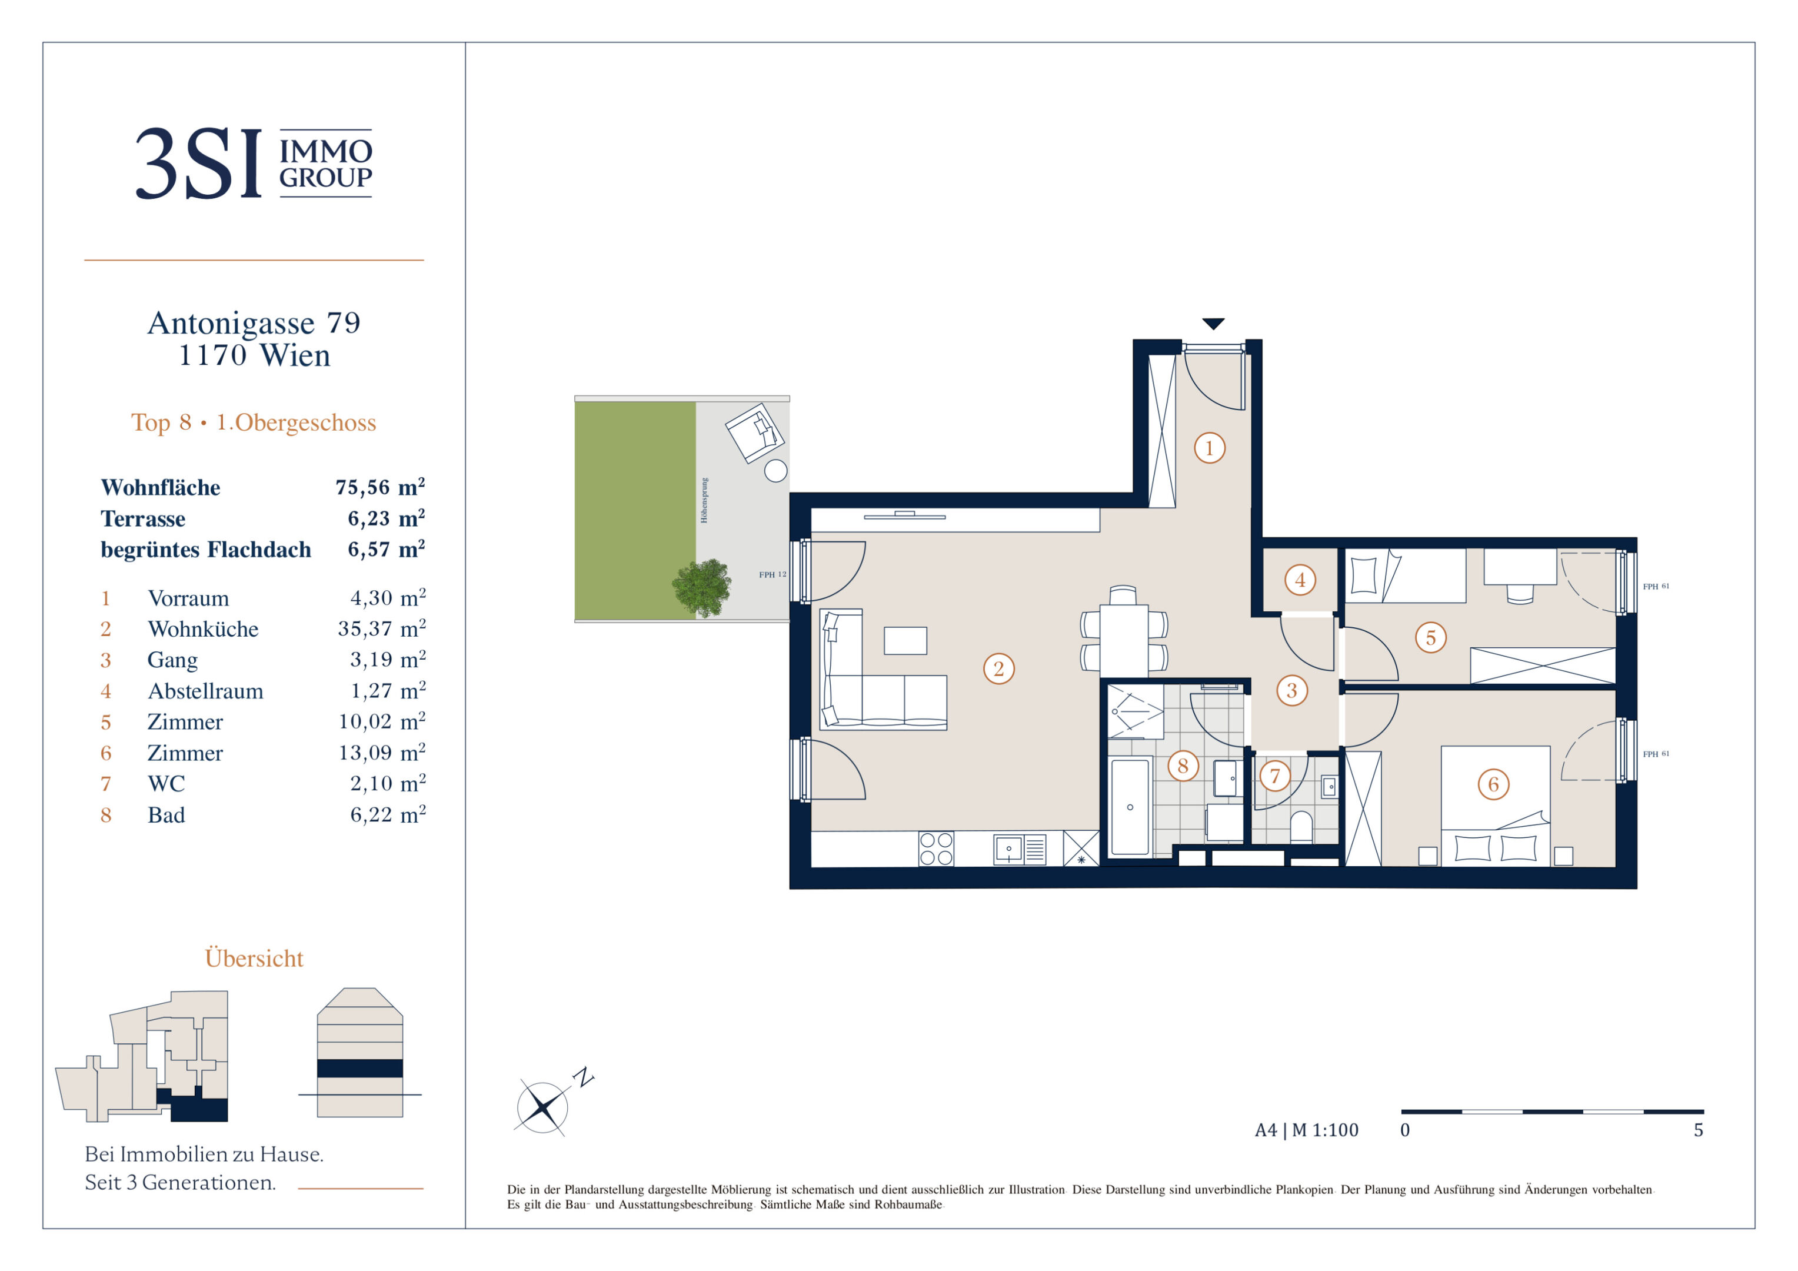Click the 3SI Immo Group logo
point(254,163)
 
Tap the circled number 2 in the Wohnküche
point(998,669)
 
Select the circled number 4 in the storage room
point(1300,580)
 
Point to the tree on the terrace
point(702,587)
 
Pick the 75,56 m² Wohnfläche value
point(381,487)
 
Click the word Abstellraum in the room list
point(205,691)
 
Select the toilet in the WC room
point(1301,826)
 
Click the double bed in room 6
point(1495,806)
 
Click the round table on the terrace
point(775,471)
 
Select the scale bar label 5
point(1699,1130)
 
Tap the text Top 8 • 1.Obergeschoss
point(254,423)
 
